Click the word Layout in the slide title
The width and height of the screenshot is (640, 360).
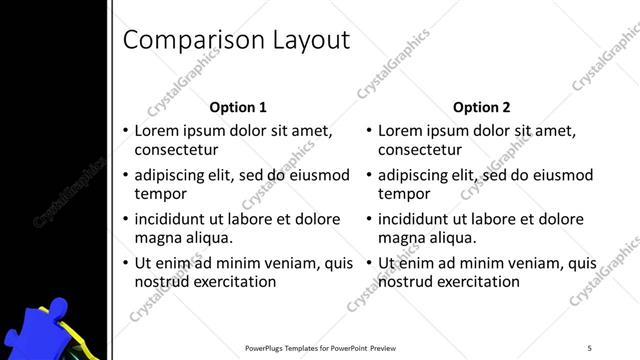pyautogui.click(x=308, y=40)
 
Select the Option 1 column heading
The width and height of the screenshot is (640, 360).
pyautogui.click(x=238, y=107)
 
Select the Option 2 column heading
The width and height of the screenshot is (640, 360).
pyautogui.click(x=482, y=107)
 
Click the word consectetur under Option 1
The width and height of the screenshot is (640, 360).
pyautogui.click(x=176, y=150)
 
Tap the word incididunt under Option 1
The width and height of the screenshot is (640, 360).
pyautogui.click(x=172, y=219)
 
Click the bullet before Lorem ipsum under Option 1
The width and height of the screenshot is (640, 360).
pyautogui.click(x=125, y=131)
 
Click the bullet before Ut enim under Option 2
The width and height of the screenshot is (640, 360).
pyautogui.click(x=369, y=263)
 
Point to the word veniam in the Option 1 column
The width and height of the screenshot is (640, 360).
pyautogui.click(x=284, y=263)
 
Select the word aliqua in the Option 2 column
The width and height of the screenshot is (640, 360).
pyautogui.click(x=455, y=238)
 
